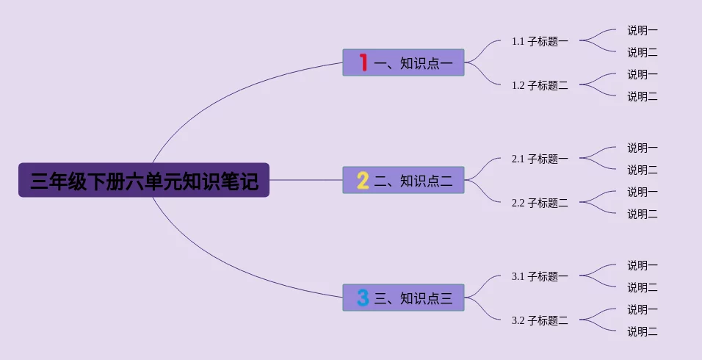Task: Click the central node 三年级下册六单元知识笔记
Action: [144, 180]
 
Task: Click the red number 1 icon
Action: [363, 62]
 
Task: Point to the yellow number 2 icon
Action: [363, 180]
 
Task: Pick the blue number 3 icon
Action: [363, 298]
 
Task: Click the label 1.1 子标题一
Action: [540, 41]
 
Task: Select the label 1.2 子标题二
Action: [540, 85]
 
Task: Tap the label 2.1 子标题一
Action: [540, 159]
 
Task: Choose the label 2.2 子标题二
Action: [540, 203]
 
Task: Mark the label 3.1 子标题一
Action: [540, 276]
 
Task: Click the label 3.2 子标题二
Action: [540, 320]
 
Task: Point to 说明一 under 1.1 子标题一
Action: [642, 30]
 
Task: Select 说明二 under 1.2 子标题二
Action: [642, 96]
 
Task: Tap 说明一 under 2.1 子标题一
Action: [642, 148]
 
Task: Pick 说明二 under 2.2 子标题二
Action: [642, 214]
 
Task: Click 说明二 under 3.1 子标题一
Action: [642, 287]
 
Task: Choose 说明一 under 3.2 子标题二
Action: [642, 309]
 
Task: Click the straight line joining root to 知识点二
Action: [305, 180]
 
